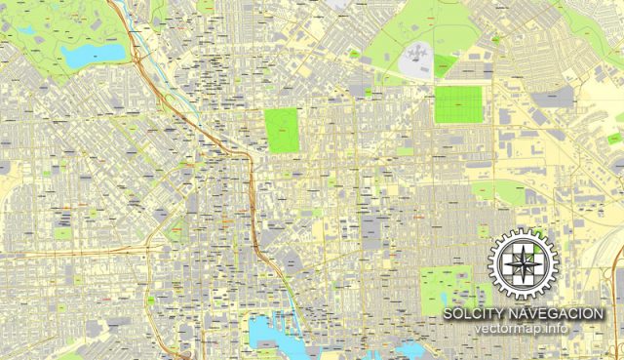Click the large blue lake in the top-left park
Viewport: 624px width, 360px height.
[x=93, y=55]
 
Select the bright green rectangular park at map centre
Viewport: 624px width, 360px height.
[x=283, y=129]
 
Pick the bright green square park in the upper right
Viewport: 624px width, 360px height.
[x=458, y=105]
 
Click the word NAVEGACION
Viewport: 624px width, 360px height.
[x=561, y=313]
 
